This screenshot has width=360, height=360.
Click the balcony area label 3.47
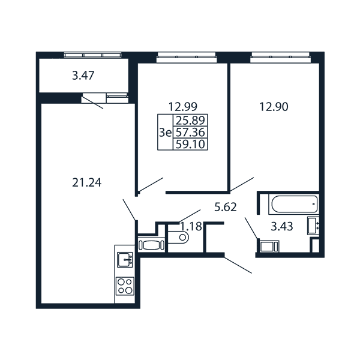(x=83, y=76)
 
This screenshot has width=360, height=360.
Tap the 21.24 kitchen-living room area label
(x=87, y=183)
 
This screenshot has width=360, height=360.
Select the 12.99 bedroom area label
(x=183, y=107)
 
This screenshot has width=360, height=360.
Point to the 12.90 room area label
(x=274, y=107)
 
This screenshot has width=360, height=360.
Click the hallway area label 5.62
(x=226, y=207)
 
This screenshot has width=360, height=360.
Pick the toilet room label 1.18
(x=191, y=226)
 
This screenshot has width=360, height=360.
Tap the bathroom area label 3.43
(x=282, y=227)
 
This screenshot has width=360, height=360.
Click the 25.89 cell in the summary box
(x=190, y=120)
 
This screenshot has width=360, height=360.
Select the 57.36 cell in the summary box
(x=190, y=132)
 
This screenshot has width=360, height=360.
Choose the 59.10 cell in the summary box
(x=190, y=145)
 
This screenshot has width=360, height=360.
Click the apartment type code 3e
(x=166, y=133)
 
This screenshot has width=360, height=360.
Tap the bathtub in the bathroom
(x=295, y=204)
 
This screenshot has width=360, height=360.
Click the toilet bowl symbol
(x=178, y=237)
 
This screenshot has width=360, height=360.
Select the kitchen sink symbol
(x=125, y=260)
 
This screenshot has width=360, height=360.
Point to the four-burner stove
(x=125, y=286)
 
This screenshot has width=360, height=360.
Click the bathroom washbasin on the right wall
(x=313, y=226)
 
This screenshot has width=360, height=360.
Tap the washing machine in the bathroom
(x=269, y=247)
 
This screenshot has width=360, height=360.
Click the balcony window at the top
(x=93, y=55)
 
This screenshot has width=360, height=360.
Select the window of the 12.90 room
(x=280, y=57)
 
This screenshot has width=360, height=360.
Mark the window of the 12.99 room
(x=187, y=57)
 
